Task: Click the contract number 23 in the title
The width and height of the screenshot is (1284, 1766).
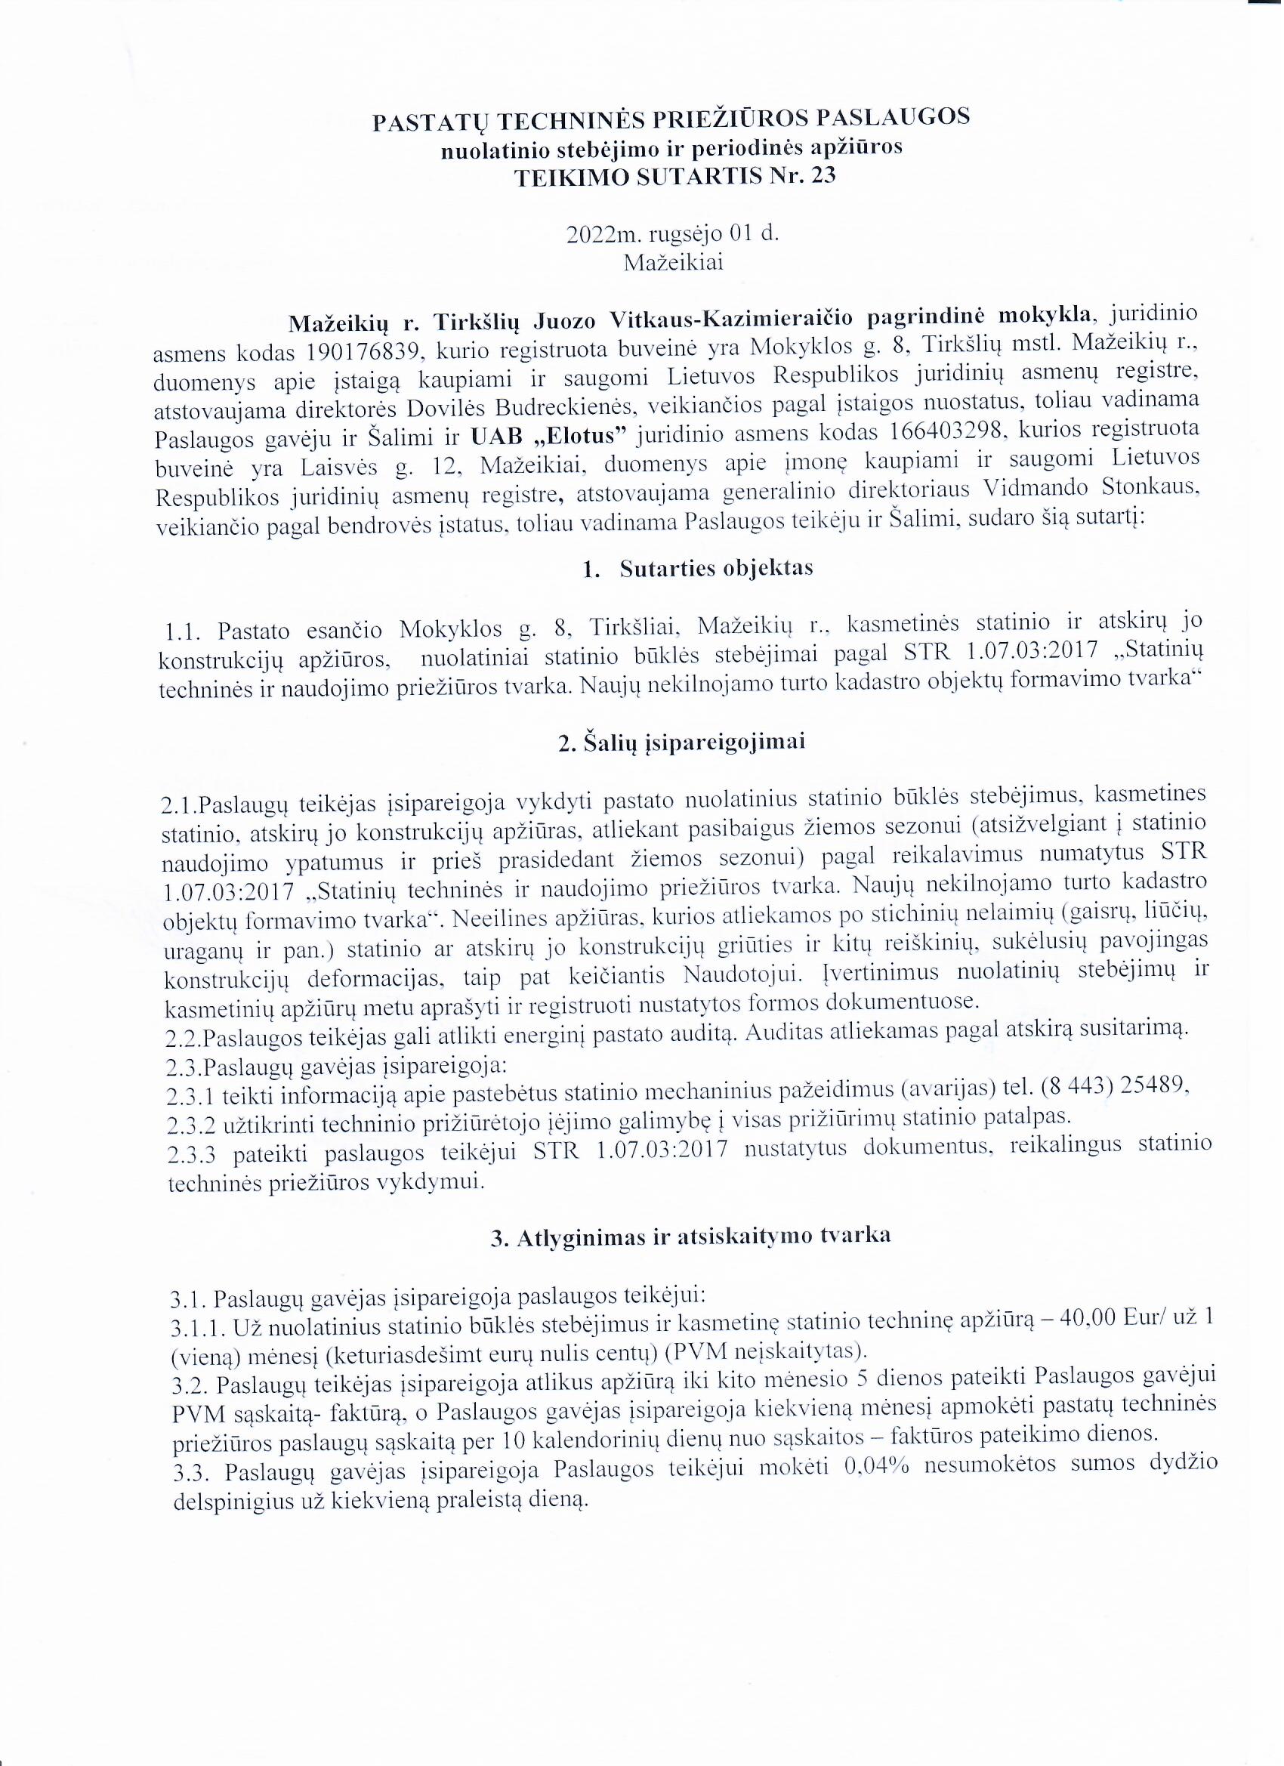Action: click(823, 177)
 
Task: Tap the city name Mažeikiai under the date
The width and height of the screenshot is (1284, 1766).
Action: click(674, 262)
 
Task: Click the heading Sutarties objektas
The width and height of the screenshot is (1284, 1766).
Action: click(716, 569)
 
